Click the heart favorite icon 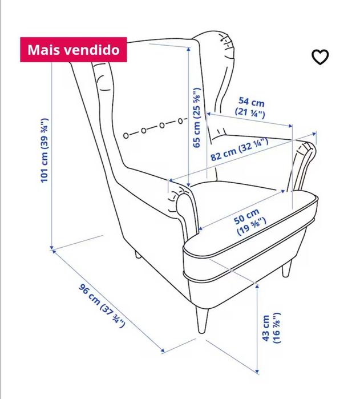pos(320,57)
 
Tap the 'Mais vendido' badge pos(74,50)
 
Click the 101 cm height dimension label pos(45,150)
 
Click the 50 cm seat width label pos(249,223)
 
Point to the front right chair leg pos(287,268)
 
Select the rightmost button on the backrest pos(180,120)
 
